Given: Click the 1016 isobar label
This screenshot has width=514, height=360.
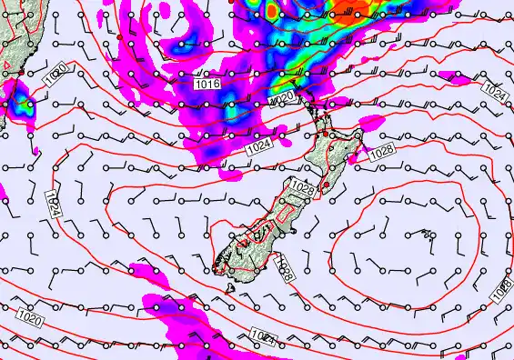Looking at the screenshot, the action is [x=208, y=84].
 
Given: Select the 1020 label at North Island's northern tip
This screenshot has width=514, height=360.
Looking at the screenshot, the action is [x=283, y=96].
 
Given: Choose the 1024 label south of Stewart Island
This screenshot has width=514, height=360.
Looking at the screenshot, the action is [x=264, y=338].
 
